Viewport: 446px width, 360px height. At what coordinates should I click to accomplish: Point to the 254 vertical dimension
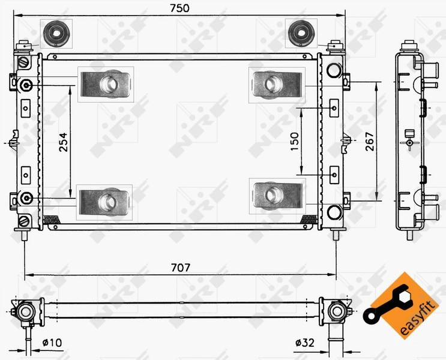point(64,142)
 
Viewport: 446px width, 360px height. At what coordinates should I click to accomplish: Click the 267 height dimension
point(370,142)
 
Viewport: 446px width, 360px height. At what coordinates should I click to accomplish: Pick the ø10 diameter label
point(52,343)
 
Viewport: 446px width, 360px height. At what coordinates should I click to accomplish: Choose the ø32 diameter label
point(304,343)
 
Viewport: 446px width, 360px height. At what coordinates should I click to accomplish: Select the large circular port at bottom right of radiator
point(334,211)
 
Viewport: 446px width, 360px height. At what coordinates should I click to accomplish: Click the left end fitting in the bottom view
point(26,310)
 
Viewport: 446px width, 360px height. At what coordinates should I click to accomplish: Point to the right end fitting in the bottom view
point(336,310)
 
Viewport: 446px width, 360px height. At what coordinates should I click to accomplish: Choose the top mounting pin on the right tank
point(335,45)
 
